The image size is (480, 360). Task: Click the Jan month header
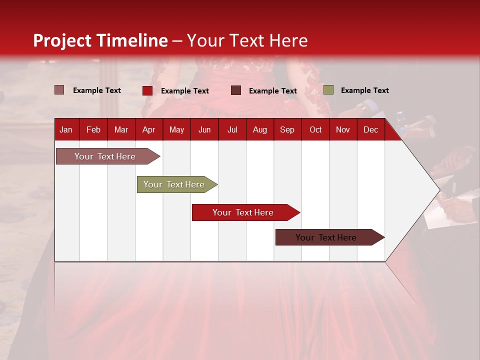66,130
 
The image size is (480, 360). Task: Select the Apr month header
149,130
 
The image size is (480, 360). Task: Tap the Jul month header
232,130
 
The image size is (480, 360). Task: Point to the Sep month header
287,130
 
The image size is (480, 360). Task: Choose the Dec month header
370,130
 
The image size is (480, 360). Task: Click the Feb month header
93,130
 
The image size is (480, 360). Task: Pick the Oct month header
315,130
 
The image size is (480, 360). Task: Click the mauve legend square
59,90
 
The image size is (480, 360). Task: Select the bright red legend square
147,90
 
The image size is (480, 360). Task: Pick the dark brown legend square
236,90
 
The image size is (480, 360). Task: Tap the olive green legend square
328,90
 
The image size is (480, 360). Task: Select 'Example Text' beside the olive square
364,90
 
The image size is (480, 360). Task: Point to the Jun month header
204,130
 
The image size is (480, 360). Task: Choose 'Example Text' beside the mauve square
97,90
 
